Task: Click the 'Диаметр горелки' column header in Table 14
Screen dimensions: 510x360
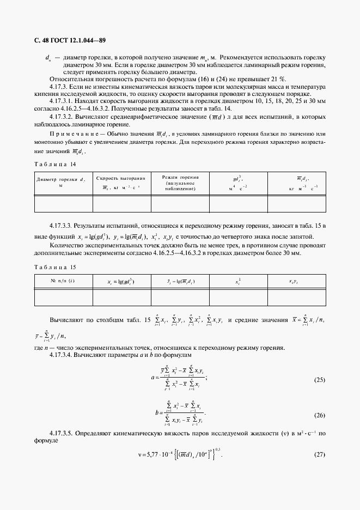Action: [63, 181]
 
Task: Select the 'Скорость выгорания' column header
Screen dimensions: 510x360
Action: [121, 182]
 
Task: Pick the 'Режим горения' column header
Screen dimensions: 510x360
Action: [180, 182]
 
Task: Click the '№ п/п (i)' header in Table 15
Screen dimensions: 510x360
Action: [63, 282]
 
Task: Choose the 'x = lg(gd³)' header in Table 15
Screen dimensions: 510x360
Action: [121, 282]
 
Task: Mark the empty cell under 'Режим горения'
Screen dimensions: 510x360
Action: [180, 203]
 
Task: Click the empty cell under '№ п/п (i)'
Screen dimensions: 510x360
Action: [63, 297]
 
